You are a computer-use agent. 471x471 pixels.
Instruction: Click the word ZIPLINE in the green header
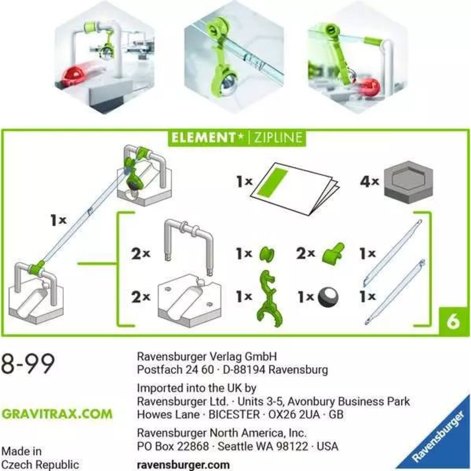coord(278,138)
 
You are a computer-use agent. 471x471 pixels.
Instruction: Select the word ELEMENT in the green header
coord(206,138)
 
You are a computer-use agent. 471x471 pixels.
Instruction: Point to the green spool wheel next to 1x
coord(267,255)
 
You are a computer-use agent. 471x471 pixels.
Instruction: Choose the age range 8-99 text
coord(27,364)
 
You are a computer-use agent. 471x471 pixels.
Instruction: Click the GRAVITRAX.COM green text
coord(57,414)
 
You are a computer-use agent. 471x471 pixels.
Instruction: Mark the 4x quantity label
coord(369,182)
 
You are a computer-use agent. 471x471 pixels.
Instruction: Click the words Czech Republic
coord(40,464)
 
